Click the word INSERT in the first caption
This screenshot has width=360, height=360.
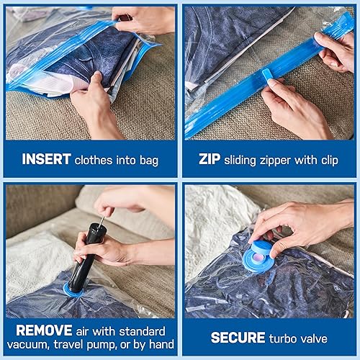pyautogui.click(x=46, y=160)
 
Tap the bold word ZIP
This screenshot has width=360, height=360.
pyautogui.click(x=210, y=160)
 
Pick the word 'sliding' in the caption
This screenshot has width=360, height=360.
pyautogui.click(x=244, y=160)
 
